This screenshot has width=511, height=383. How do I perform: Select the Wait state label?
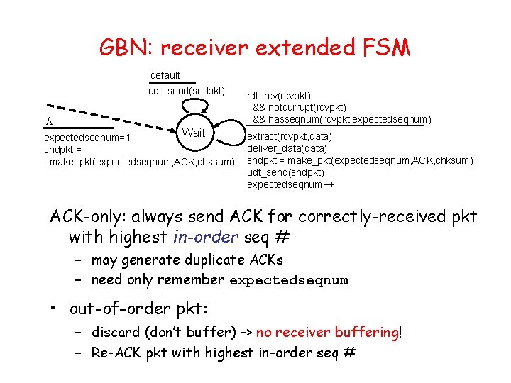[x=193, y=133]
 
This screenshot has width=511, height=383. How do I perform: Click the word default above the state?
[x=165, y=75]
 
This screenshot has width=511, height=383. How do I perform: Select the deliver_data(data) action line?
[x=287, y=149]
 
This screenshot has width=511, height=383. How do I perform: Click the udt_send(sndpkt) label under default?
[x=187, y=91]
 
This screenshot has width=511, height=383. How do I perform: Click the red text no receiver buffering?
[x=327, y=332]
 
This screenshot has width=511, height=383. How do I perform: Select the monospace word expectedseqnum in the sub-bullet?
[x=289, y=280]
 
